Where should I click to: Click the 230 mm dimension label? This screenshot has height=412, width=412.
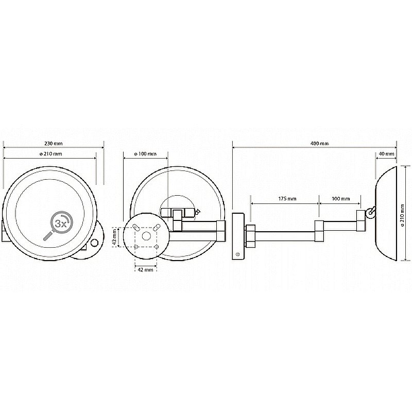click(x=54, y=144)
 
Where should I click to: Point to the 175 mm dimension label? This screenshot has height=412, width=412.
click(x=287, y=199)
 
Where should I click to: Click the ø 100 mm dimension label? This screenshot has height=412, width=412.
click(x=145, y=153)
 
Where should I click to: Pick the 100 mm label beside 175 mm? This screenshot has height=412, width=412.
click(x=341, y=199)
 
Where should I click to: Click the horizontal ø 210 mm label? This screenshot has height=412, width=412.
click(x=50, y=153)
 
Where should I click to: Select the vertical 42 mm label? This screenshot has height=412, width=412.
click(x=114, y=237)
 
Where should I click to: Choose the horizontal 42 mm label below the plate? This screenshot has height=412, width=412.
click(x=145, y=269)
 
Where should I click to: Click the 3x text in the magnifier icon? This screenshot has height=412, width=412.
click(x=61, y=224)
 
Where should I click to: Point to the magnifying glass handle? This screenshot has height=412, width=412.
click(x=48, y=235)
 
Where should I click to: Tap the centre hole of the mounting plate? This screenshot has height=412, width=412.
click(x=146, y=236)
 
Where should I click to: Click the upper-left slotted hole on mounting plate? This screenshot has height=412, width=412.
click(x=135, y=227)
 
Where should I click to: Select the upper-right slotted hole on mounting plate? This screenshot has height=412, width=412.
click(x=157, y=227)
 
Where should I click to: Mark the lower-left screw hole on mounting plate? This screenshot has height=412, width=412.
click(x=136, y=247)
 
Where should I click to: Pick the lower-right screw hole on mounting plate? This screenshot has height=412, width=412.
click(x=157, y=247)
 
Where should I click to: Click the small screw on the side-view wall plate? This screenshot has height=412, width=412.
click(x=238, y=254)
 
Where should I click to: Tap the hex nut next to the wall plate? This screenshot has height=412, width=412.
click(x=250, y=236)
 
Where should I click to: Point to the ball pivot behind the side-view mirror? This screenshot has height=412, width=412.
click(x=371, y=212)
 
